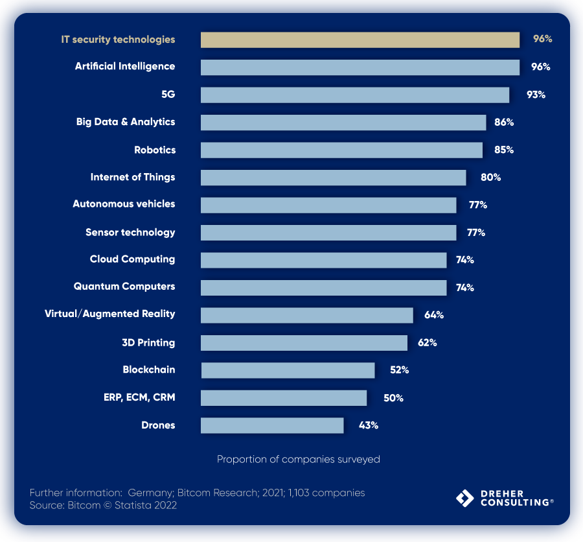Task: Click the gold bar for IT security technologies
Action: click(x=360, y=40)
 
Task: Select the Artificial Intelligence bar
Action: click(x=360, y=67)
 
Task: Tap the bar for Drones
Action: click(x=272, y=425)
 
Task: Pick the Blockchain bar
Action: click(x=288, y=370)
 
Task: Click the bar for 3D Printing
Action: click(x=304, y=343)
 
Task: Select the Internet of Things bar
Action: click(x=333, y=178)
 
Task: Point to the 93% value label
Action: click(x=536, y=95)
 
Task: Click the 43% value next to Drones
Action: click(x=369, y=425)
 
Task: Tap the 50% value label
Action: click(x=393, y=398)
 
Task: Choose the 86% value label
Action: click(x=504, y=122)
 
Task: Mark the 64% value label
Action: click(x=434, y=315)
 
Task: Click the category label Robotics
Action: click(x=155, y=150)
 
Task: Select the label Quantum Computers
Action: click(x=124, y=286)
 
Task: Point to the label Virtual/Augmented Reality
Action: click(x=110, y=314)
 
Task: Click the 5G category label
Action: click(x=168, y=94)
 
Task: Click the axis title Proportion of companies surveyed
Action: click(x=298, y=459)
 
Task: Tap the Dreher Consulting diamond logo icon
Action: click(x=465, y=498)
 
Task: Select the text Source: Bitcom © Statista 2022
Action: click(x=103, y=505)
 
